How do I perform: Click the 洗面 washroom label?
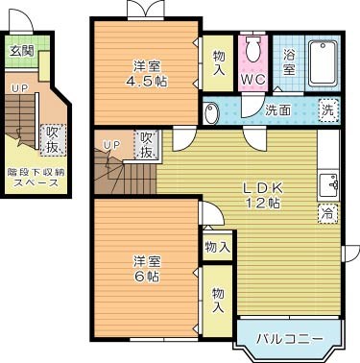(x=278, y=109)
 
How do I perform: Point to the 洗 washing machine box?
(x=328, y=109)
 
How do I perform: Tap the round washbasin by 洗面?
(x=214, y=111)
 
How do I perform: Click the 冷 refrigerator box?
(x=327, y=213)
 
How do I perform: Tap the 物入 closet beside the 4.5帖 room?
(x=218, y=64)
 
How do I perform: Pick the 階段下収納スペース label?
(x=34, y=177)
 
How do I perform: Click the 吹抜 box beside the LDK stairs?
(x=147, y=146)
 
